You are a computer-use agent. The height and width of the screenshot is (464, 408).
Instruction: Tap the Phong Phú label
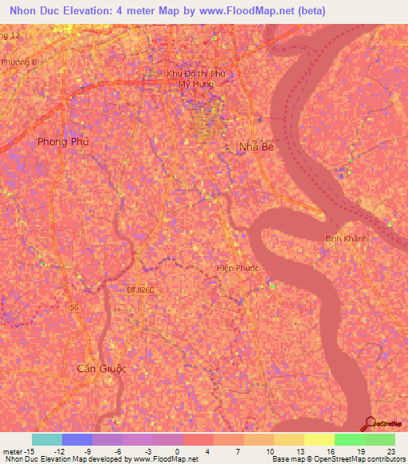(63, 141)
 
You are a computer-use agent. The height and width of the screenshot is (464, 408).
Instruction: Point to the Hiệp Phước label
(238, 268)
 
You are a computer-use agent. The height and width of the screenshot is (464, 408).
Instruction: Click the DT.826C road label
(140, 290)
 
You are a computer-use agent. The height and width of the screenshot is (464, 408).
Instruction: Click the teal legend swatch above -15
(46, 439)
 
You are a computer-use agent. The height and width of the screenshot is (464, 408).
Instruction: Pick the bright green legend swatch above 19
(349, 439)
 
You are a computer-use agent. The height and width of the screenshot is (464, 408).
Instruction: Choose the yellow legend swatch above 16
(319, 439)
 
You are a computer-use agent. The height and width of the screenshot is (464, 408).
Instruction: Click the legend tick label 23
(390, 450)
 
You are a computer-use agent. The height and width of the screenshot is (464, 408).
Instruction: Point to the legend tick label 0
(178, 450)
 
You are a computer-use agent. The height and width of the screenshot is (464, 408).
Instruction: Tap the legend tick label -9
(87, 450)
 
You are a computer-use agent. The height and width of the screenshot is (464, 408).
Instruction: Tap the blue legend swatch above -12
(76, 439)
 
